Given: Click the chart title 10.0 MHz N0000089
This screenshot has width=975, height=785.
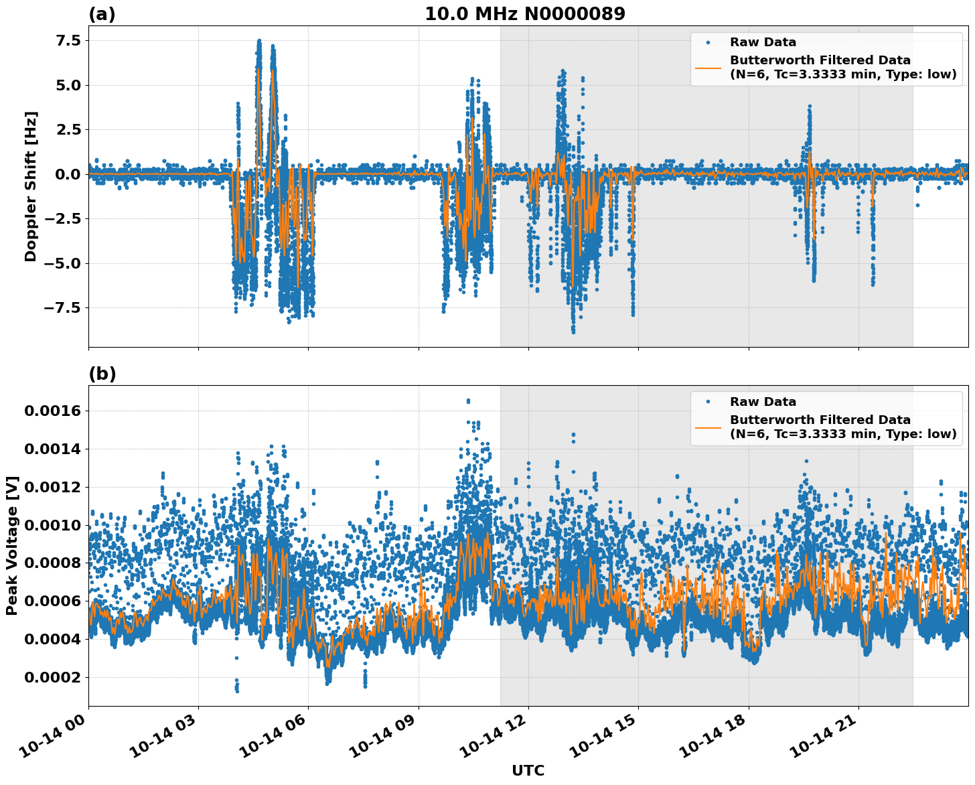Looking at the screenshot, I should point(525,14).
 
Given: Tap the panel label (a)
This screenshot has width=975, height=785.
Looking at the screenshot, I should point(102,14).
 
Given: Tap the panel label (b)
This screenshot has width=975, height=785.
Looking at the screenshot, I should point(102,374).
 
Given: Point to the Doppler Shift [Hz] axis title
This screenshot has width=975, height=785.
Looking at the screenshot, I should point(31,186).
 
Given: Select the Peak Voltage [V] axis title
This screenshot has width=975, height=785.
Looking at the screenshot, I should point(11,545).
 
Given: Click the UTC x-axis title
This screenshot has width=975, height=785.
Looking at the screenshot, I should point(528,770).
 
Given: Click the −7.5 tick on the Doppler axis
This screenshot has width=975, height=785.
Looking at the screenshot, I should point(60,307).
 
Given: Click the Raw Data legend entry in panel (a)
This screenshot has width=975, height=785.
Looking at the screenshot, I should point(763,42).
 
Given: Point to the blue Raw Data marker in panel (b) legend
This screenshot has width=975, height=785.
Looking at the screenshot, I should point(708,402).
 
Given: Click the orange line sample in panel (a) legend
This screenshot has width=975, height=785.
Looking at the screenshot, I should point(708,67).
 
